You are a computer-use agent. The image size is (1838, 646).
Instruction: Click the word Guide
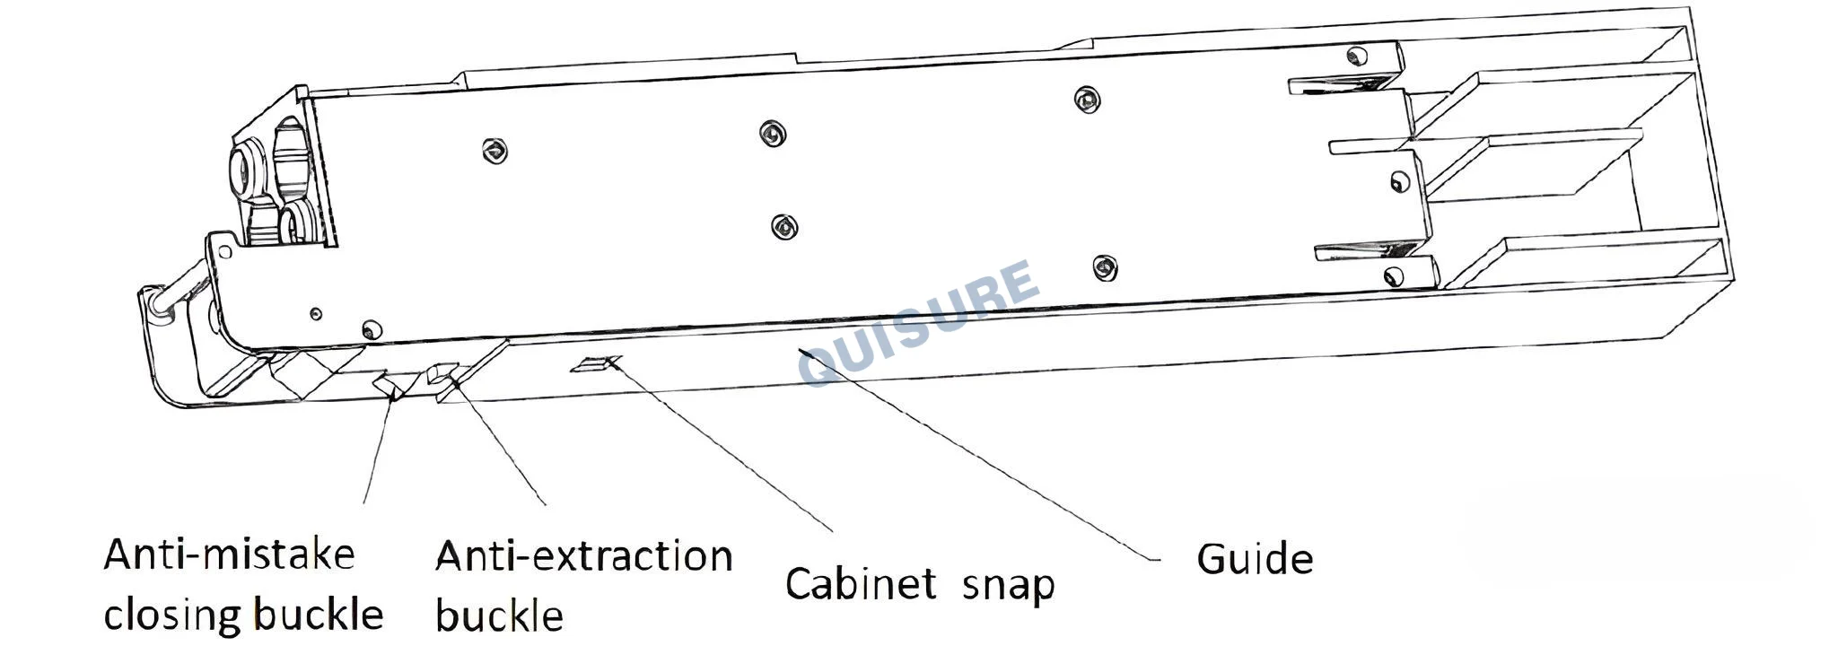pos(1255,558)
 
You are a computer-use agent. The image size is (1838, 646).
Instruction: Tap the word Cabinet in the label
pos(860,583)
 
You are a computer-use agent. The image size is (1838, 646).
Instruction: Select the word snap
pos(1008,587)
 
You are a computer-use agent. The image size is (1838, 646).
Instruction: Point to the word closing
pos(171,615)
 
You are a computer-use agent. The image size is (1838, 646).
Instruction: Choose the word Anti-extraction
pos(583,556)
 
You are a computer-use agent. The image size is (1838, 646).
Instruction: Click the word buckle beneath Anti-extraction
pos(499,615)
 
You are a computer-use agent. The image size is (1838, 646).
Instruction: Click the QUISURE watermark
pos(920,324)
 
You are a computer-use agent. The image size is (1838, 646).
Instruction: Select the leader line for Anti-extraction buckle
pos(501,443)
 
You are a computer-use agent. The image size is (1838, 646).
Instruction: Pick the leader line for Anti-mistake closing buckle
pos(378,449)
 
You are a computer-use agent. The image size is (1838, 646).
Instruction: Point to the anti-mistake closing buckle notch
pos(389,386)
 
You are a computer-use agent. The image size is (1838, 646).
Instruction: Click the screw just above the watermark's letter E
pos(1105,266)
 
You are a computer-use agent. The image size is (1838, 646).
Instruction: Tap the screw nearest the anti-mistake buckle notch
pos(369,327)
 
